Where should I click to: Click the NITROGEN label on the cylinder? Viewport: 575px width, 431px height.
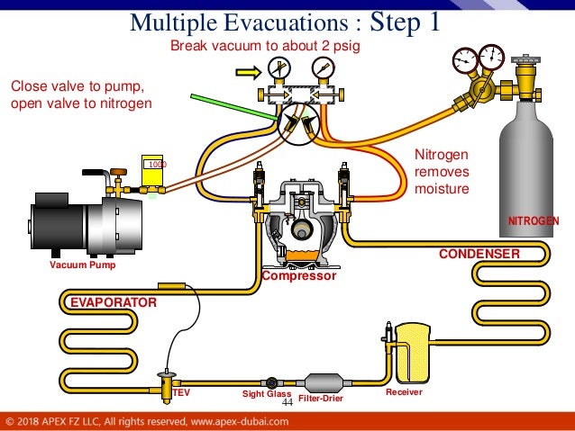[x=534, y=220]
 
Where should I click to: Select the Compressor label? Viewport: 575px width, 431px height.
[x=299, y=277]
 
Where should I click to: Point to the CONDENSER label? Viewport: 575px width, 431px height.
[x=479, y=255]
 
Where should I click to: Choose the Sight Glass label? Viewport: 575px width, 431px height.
[x=266, y=394]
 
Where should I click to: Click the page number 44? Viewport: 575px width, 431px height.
[x=287, y=402]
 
